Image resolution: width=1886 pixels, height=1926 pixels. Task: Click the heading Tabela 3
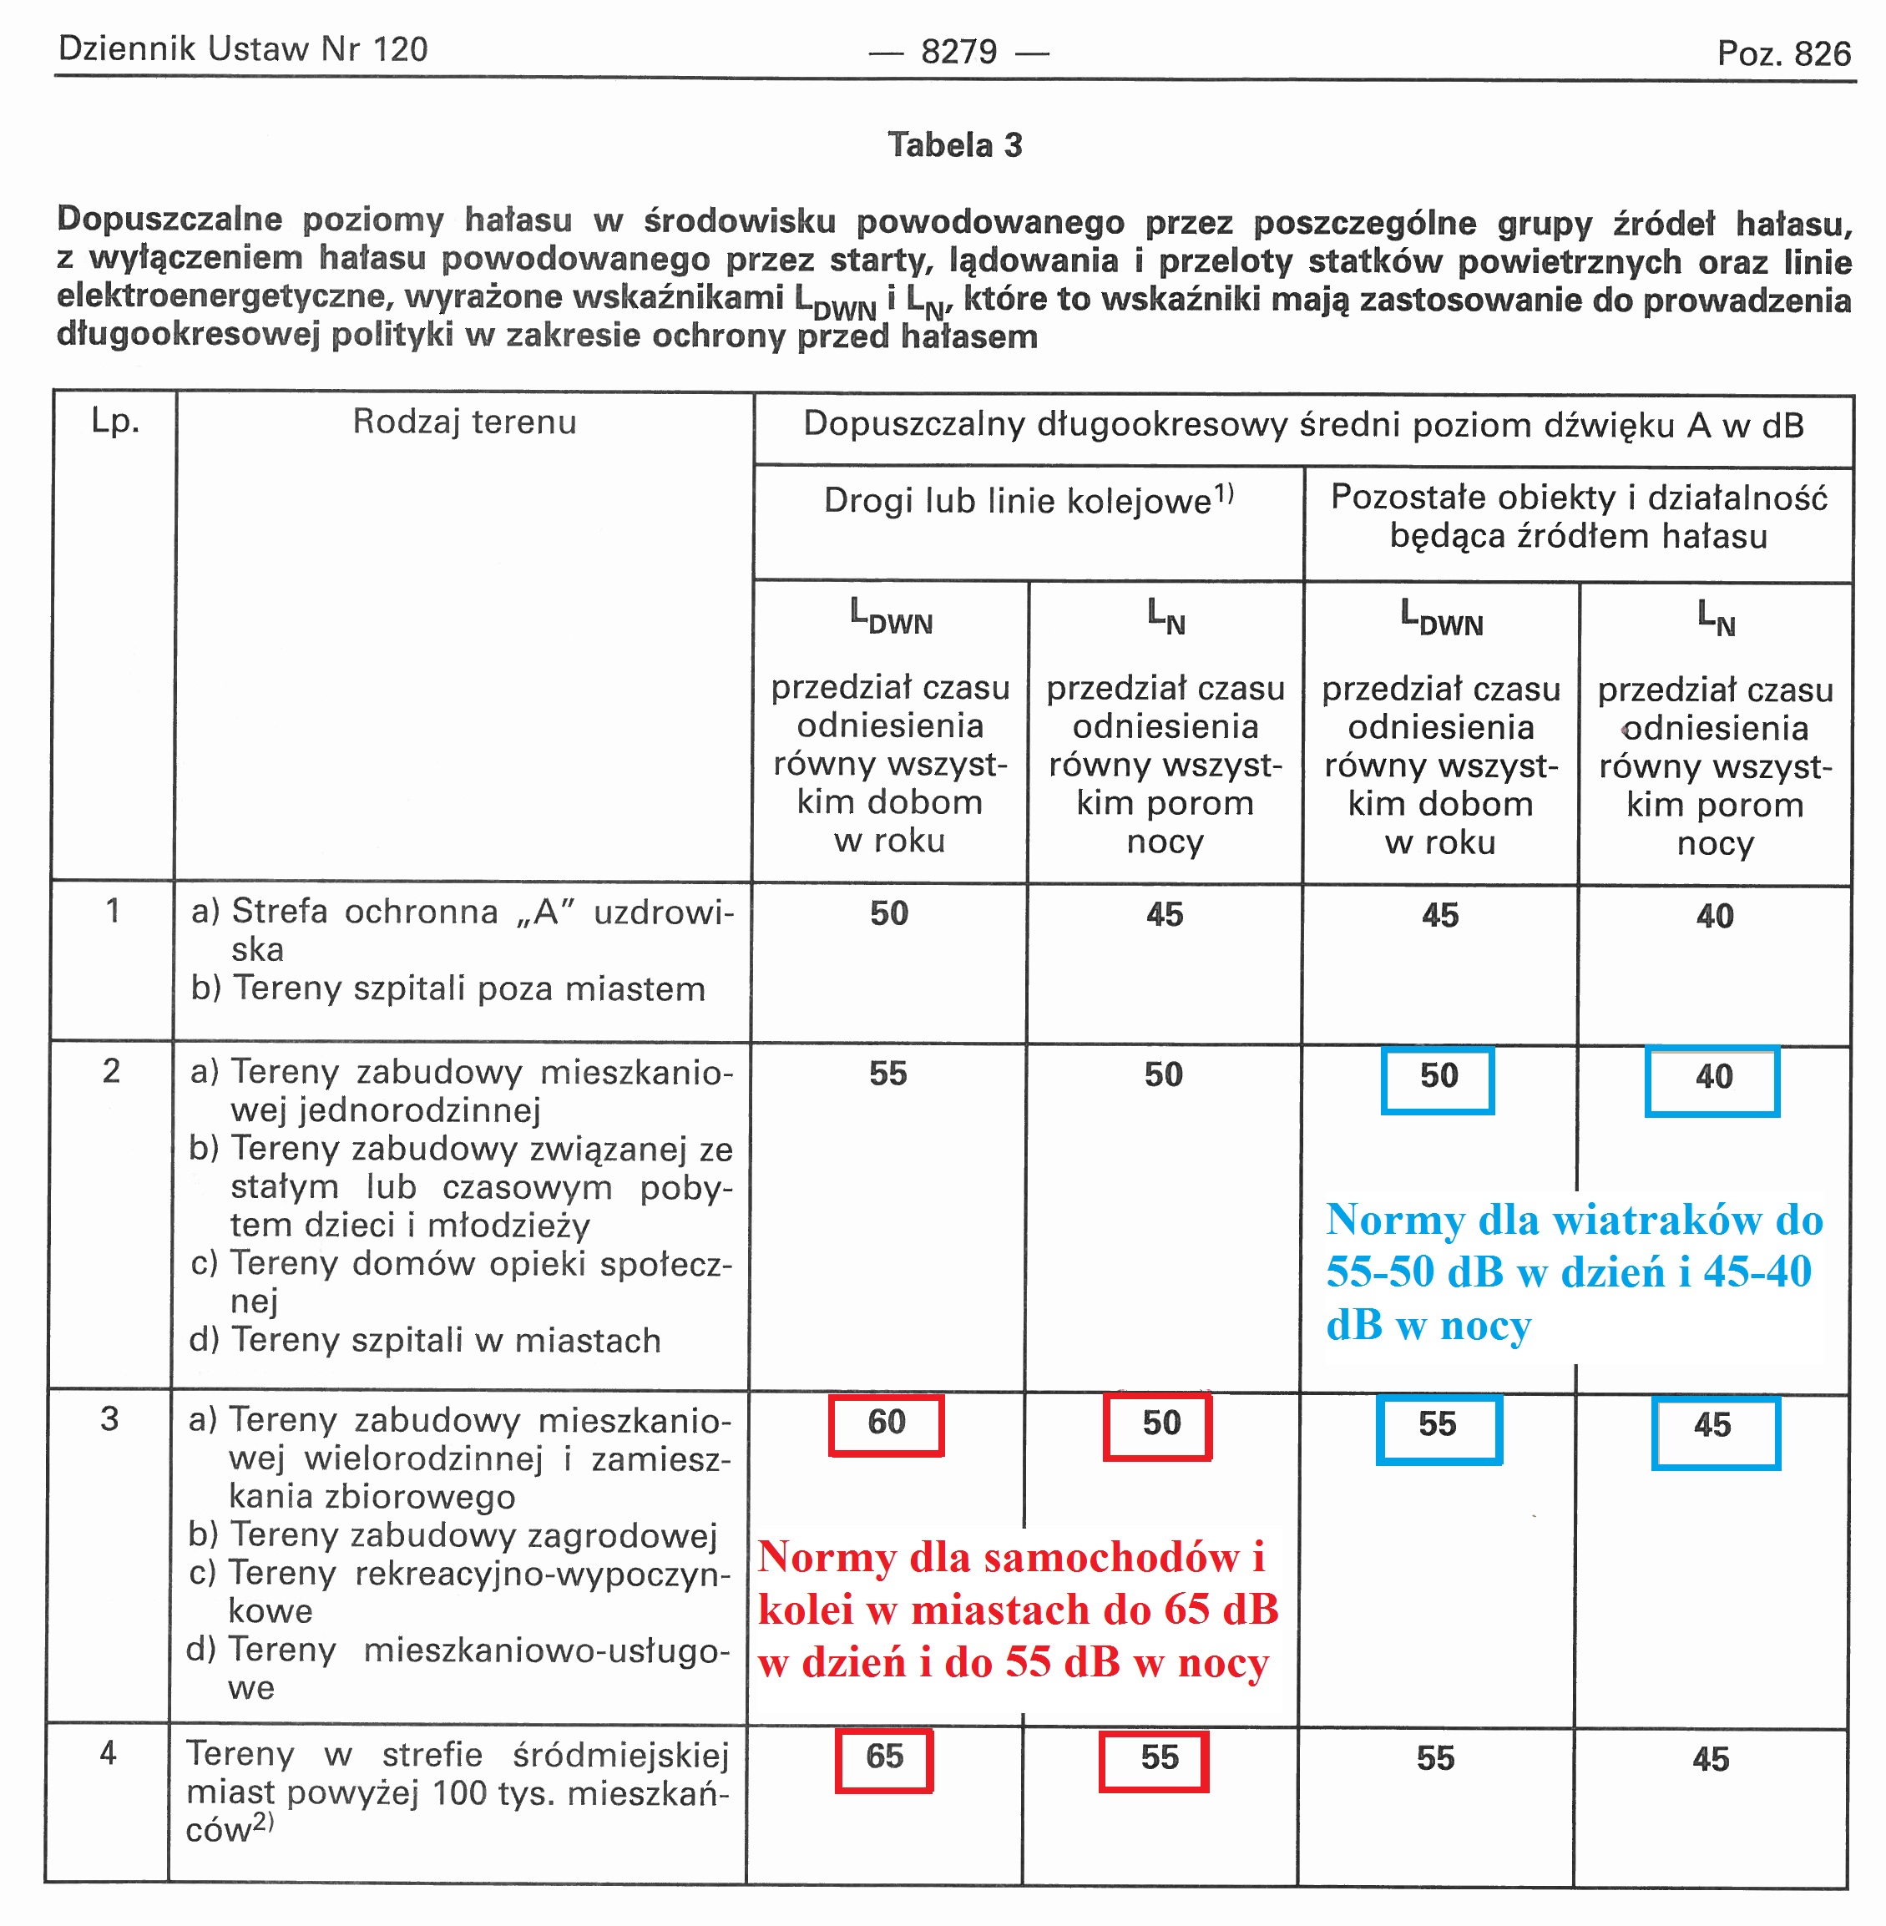[x=954, y=145]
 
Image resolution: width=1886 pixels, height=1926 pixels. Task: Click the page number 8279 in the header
[x=958, y=52]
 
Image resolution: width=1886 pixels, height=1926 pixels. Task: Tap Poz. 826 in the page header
[x=1783, y=53]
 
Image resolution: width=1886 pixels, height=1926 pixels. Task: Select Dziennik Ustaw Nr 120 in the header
[x=243, y=49]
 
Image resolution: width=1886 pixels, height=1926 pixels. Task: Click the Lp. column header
[x=115, y=422]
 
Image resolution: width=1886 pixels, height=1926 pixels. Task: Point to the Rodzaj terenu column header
[x=463, y=423]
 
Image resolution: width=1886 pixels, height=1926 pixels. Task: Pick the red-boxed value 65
[x=883, y=1757]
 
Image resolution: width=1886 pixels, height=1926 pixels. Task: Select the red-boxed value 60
[x=886, y=1423]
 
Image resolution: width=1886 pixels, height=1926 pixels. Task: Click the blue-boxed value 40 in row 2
[x=1712, y=1078]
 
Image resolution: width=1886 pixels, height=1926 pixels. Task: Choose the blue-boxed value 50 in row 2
[x=1439, y=1077]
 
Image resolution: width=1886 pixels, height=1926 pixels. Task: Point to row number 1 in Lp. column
[x=113, y=911]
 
